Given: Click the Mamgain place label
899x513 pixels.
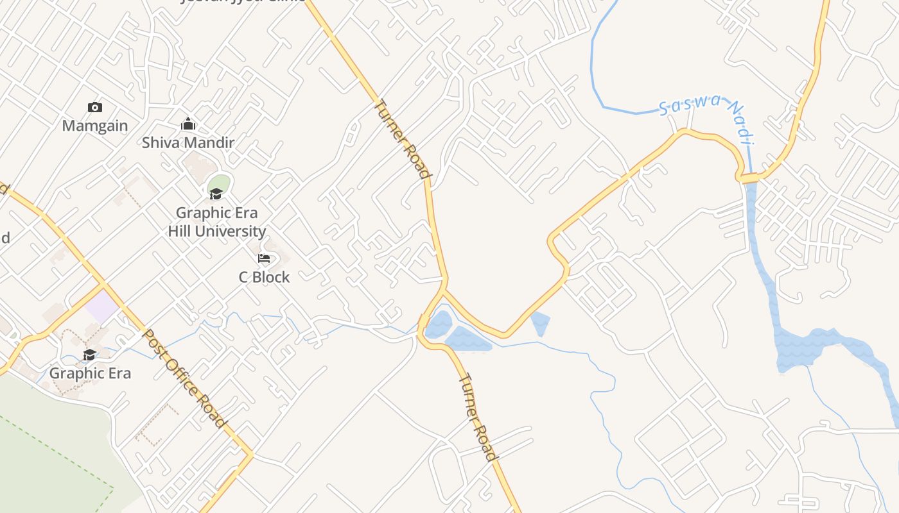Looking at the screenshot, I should point(95,125).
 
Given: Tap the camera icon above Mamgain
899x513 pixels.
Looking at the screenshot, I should point(95,107).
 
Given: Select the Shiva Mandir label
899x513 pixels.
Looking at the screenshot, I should point(188,142).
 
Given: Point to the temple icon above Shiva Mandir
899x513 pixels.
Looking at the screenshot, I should point(188,124).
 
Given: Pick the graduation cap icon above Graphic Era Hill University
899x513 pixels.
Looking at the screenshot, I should point(216,194).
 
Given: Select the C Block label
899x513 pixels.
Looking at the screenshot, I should point(264,277).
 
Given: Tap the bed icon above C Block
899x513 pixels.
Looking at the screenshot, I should point(264,258).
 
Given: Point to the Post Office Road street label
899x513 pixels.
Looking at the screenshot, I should point(184,378).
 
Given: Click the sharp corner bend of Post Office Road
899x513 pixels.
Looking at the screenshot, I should point(250,455).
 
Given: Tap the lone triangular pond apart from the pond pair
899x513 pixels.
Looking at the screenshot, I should point(540,322).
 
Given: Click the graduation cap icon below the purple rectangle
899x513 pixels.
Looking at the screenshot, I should point(90,355).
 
